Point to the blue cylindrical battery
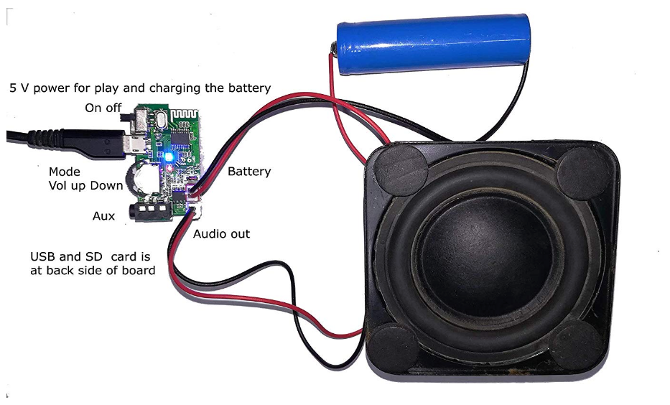[x=432, y=43]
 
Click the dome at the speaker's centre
[x=478, y=246]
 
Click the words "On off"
[x=103, y=108]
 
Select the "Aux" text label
[x=104, y=216]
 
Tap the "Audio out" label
[x=221, y=233]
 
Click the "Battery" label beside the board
[x=249, y=172]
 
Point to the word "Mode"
[x=65, y=172]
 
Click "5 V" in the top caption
[x=19, y=88]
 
